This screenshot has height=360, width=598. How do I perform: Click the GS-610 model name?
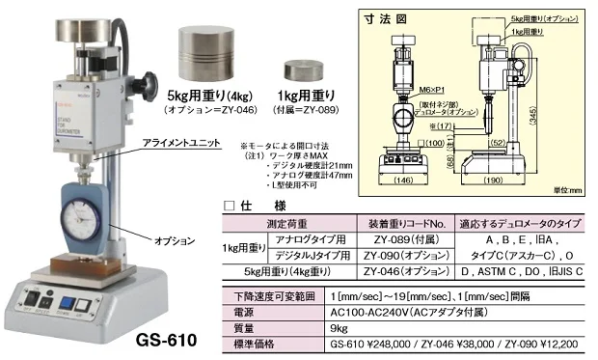(166, 341)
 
